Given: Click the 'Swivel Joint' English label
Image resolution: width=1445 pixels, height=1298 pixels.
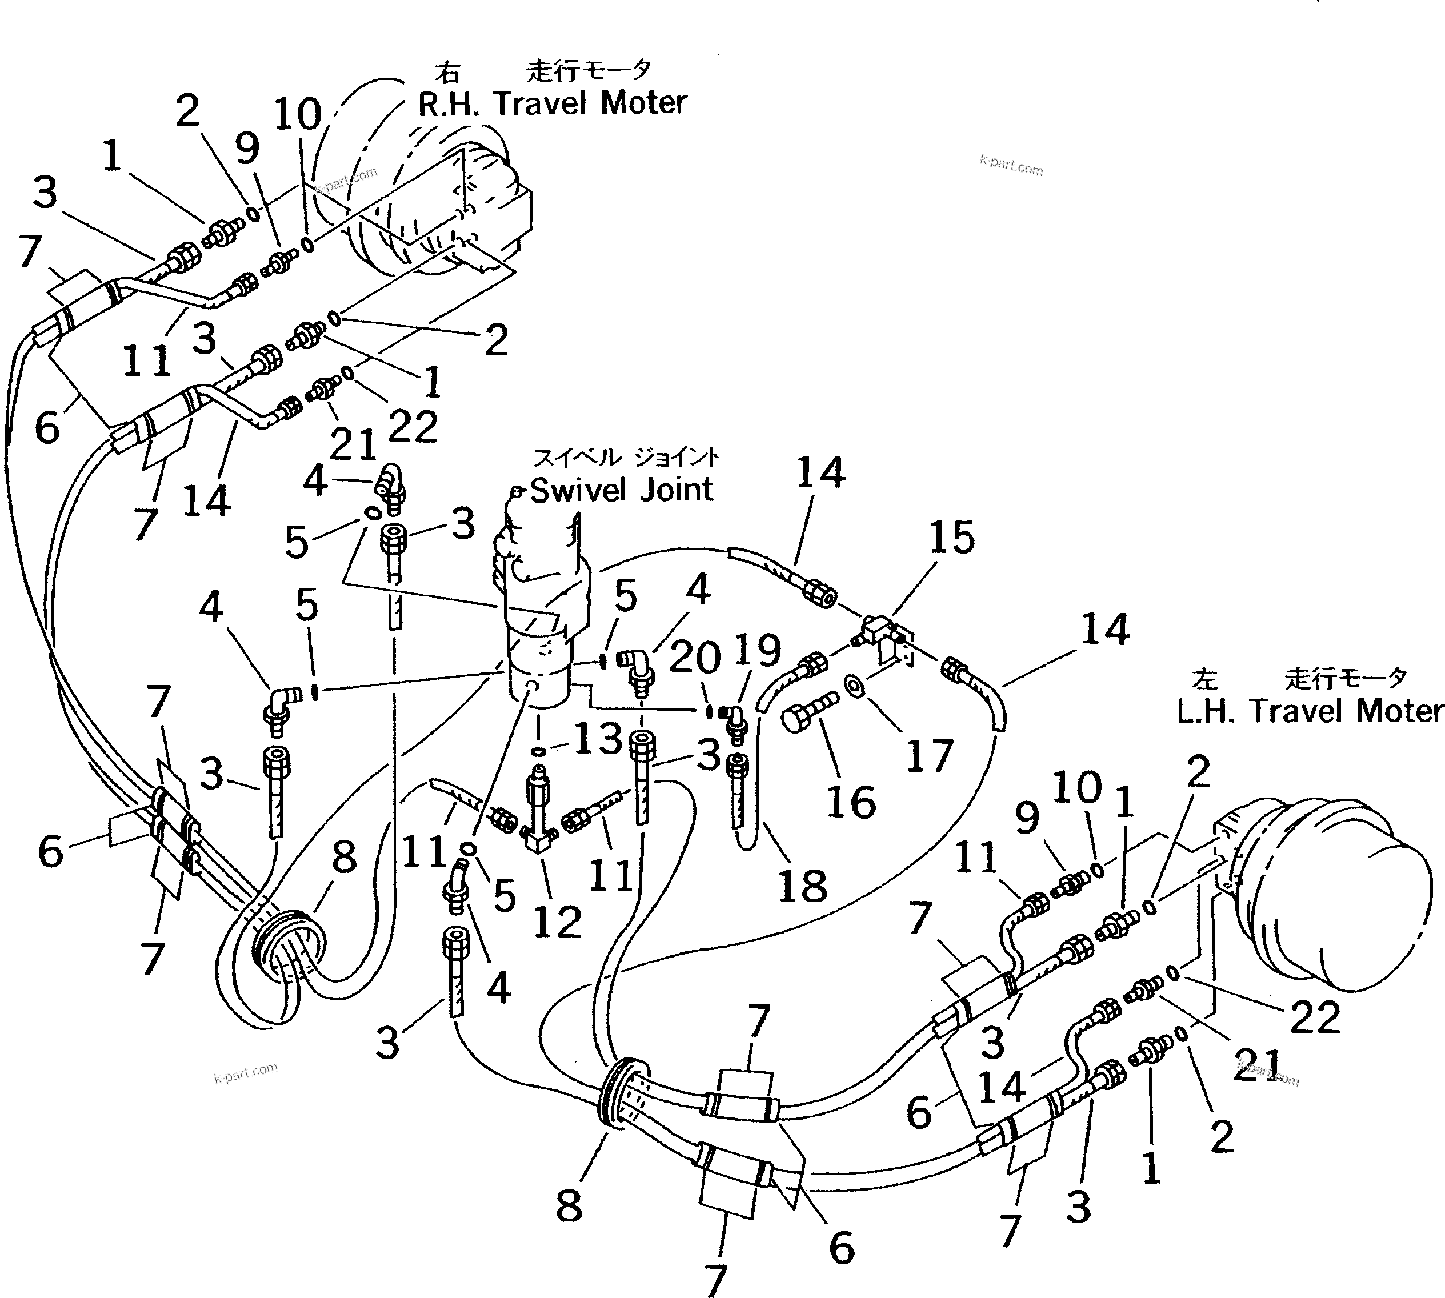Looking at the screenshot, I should click(621, 491).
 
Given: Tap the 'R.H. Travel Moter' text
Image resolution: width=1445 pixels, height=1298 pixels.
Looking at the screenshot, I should click(551, 104).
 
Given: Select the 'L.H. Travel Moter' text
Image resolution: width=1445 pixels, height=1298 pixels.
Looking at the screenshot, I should click(1310, 712).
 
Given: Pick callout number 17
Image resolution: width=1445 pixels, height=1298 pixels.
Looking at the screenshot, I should click(929, 756).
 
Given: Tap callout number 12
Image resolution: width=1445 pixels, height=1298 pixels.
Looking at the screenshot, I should click(557, 922).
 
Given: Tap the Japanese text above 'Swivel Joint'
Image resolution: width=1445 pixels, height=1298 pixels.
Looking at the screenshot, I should click(626, 456).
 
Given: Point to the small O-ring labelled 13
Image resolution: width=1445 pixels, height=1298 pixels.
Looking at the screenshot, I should click(540, 751).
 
